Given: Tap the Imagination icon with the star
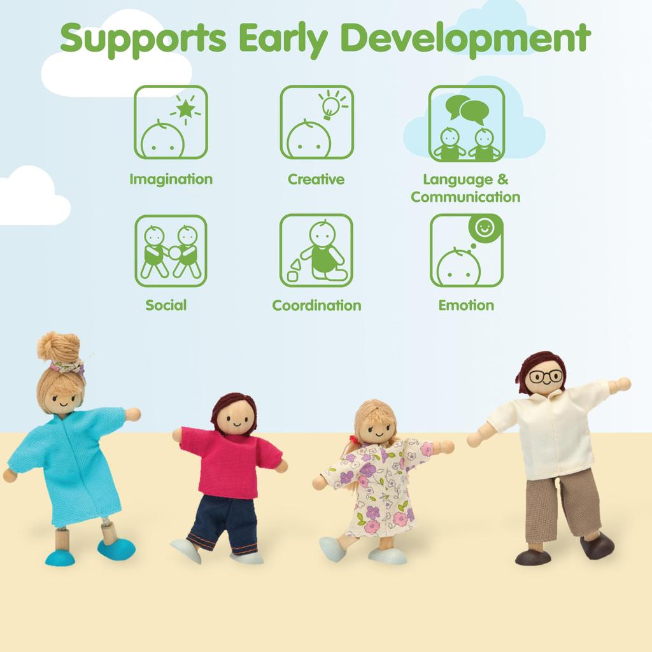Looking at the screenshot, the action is point(171,122).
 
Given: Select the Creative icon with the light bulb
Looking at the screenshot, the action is point(317,122).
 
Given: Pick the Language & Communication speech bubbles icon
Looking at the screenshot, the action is point(467,124).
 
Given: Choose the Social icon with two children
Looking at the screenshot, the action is point(171,251).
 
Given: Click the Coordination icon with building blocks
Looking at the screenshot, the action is point(316,250).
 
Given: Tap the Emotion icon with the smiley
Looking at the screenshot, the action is point(467,250).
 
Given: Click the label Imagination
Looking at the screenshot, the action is point(171,179).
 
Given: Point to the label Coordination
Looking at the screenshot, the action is point(317,305).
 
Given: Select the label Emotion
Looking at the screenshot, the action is point(467,305).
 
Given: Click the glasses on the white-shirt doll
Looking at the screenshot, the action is point(546,377).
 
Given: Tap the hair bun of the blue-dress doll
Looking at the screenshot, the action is point(59,346).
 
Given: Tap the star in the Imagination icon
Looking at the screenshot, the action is point(185,110).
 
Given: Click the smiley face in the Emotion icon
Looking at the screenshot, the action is point(485,227).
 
